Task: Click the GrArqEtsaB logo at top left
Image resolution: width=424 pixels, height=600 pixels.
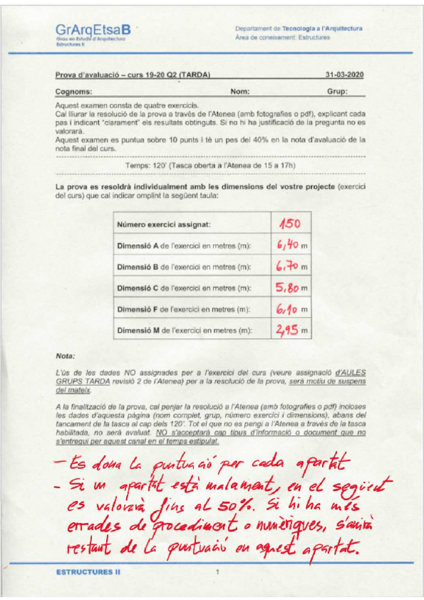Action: pyautogui.click(x=93, y=30)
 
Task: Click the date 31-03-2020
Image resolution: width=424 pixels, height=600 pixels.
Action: pyautogui.click(x=344, y=74)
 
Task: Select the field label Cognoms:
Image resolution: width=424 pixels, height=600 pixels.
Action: pyautogui.click(x=74, y=92)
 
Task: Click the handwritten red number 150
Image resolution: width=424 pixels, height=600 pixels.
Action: pyautogui.click(x=290, y=224)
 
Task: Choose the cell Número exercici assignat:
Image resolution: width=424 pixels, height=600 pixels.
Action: pyautogui.click(x=164, y=225)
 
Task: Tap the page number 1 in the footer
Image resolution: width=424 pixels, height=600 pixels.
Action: pyautogui.click(x=217, y=571)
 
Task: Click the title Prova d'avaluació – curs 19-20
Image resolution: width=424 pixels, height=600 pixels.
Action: pyautogui.click(x=133, y=74)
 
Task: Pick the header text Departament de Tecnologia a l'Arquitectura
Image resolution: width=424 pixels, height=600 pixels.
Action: pyautogui.click(x=299, y=28)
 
